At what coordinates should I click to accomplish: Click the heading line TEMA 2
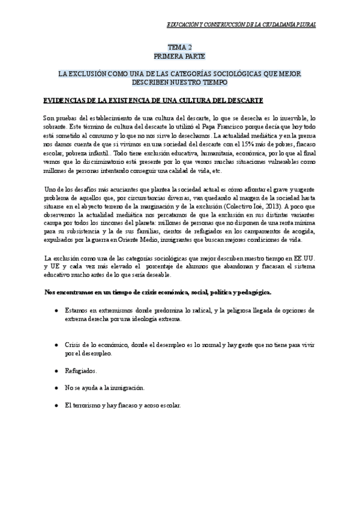pos(180,46)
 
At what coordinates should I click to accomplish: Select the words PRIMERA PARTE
pos(180,55)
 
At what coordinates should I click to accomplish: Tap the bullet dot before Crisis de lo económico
pos(56,345)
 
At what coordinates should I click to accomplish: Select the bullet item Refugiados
pos(80,371)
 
